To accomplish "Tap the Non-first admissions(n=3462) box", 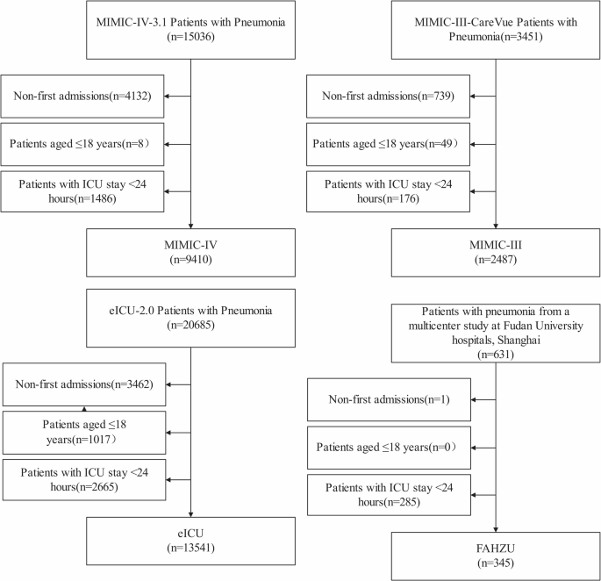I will point(83,384).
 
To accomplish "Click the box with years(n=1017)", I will point(83,431).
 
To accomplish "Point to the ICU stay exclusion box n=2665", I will point(83,478).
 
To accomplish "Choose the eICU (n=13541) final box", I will point(190,542).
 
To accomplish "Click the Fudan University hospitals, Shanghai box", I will point(497,333).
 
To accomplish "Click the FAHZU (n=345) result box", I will point(497,555).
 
